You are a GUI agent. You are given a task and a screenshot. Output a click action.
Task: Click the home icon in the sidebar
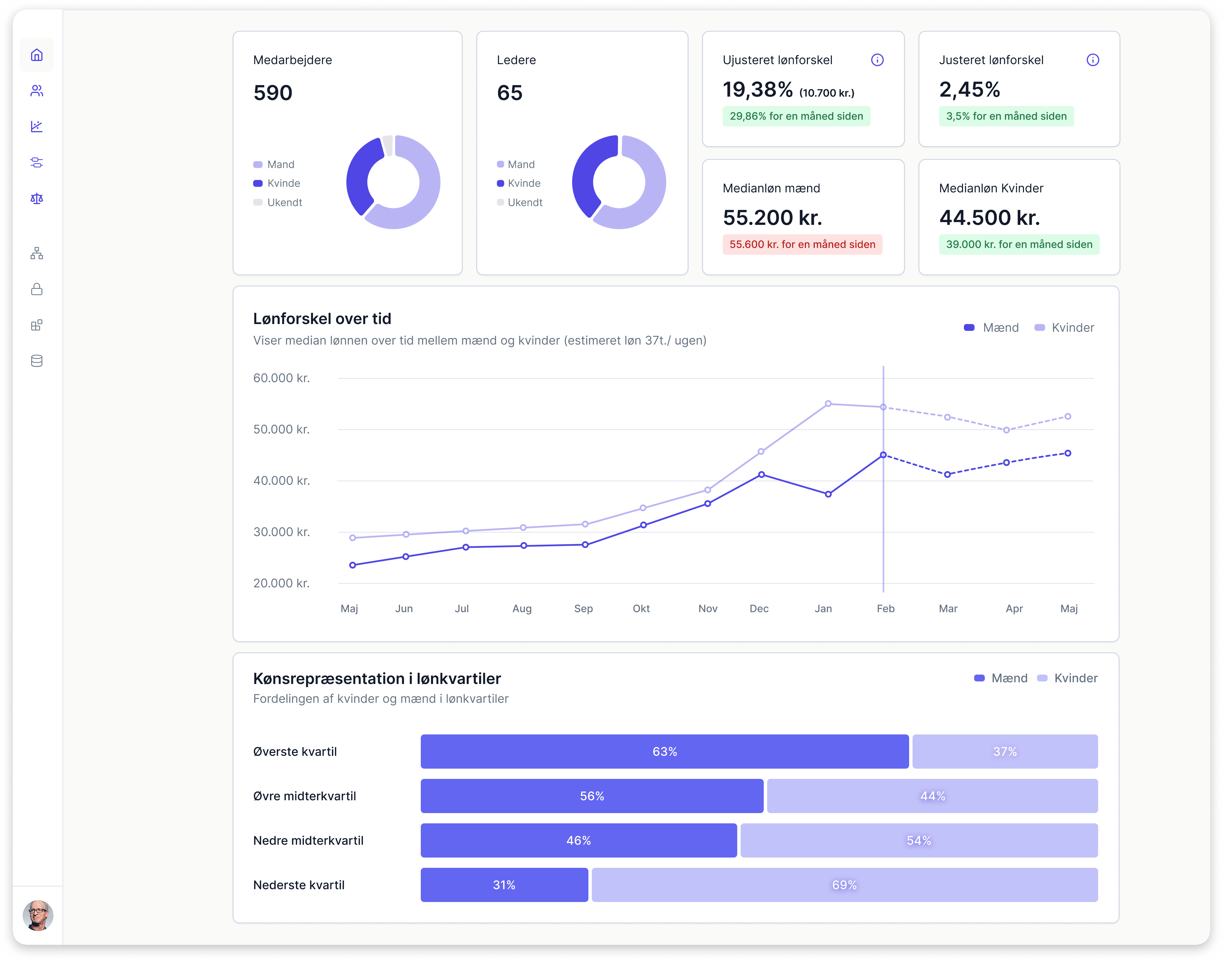pyautogui.click(x=36, y=55)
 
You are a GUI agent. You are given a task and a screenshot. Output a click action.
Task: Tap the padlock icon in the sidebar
pyautogui.click(x=36, y=289)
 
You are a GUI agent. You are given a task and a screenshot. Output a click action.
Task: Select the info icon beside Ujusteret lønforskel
pyautogui.click(x=877, y=60)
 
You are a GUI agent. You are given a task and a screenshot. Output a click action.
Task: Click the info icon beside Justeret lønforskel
pyautogui.click(x=1092, y=60)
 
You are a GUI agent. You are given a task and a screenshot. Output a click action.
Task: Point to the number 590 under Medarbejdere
pyautogui.click(x=273, y=93)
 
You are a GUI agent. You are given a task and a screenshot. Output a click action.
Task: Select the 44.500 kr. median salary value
pyautogui.click(x=989, y=218)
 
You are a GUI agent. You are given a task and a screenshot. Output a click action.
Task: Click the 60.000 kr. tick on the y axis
pyautogui.click(x=281, y=378)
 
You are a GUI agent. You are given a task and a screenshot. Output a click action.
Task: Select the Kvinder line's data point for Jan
pyautogui.click(x=828, y=404)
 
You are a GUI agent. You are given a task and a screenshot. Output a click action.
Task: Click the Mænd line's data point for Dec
pyautogui.click(x=761, y=474)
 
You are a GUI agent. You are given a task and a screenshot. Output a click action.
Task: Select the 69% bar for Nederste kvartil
pyautogui.click(x=844, y=885)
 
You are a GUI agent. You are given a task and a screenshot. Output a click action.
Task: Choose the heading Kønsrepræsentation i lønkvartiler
pyautogui.click(x=377, y=679)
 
